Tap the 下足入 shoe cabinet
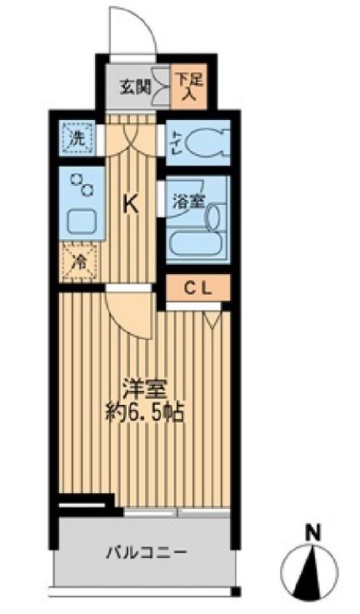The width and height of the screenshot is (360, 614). click(x=189, y=86)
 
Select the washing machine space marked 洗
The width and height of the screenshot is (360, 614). click(x=77, y=137)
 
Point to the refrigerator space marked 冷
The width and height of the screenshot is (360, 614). click(x=78, y=262)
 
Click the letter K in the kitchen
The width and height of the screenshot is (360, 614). click(x=131, y=203)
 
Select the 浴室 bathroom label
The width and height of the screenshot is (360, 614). click(x=188, y=202)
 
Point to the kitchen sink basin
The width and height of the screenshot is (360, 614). click(x=82, y=222)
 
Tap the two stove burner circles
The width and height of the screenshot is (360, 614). click(x=82, y=184)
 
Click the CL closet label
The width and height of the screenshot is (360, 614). click(x=197, y=289)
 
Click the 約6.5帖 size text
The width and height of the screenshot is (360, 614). click(x=146, y=412)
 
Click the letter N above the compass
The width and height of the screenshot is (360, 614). click(x=312, y=532)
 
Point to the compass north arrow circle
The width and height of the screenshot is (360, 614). click(x=309, y=572)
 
